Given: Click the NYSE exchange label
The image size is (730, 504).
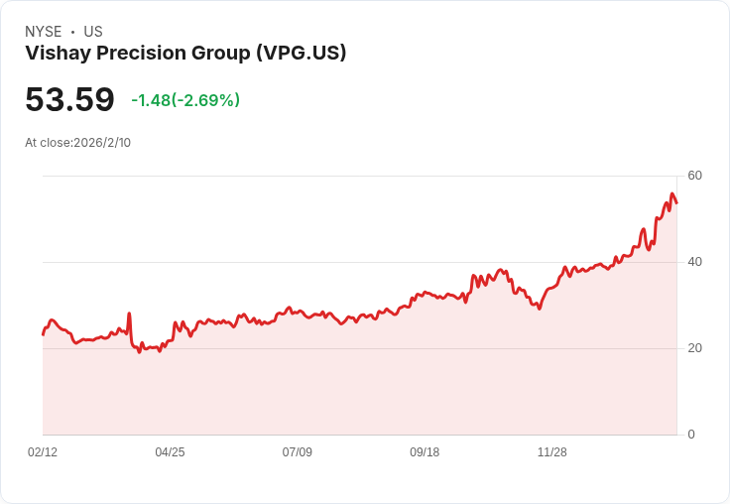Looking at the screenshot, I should (44, 32).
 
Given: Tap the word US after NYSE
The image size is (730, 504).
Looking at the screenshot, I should (93, 32).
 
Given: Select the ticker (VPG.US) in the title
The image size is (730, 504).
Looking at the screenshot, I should (301, 54).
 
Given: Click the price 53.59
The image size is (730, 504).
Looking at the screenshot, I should (69, 100).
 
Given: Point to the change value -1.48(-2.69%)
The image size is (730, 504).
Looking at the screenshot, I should (185, 100).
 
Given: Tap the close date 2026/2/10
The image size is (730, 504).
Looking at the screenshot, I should (102, 143).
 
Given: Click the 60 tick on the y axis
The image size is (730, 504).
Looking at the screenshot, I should (695, 176).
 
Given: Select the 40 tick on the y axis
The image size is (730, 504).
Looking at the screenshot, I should (695, 262).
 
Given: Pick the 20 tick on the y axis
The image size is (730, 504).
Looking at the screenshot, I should (695, 348).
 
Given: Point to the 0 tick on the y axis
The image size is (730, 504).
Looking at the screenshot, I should (691, 435).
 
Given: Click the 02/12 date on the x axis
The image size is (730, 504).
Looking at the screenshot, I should (43, 452).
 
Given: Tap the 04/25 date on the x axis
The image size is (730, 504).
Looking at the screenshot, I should (170, 452).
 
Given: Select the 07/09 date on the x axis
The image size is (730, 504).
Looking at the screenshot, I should (298, 452).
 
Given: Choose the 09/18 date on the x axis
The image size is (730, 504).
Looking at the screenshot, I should (425, 452).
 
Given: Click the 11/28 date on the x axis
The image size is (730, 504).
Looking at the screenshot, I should (552, 452).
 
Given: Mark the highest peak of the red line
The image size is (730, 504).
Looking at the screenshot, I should (672, 193).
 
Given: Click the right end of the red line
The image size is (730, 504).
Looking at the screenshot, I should (676, 203).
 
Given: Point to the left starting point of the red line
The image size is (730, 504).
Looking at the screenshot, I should (43, 334).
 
